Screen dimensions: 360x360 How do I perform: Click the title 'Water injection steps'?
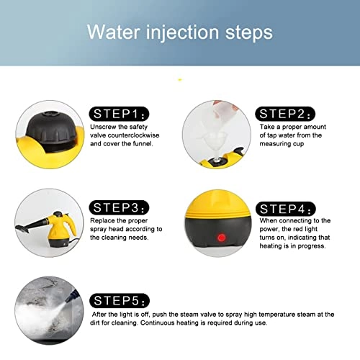179,32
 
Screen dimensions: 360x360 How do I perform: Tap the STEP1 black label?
120,113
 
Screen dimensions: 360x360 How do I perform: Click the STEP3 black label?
120,206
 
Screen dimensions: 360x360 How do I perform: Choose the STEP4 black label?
286,210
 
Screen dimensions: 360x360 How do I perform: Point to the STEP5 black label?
120,300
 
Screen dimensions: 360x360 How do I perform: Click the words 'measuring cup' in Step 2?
282,143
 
